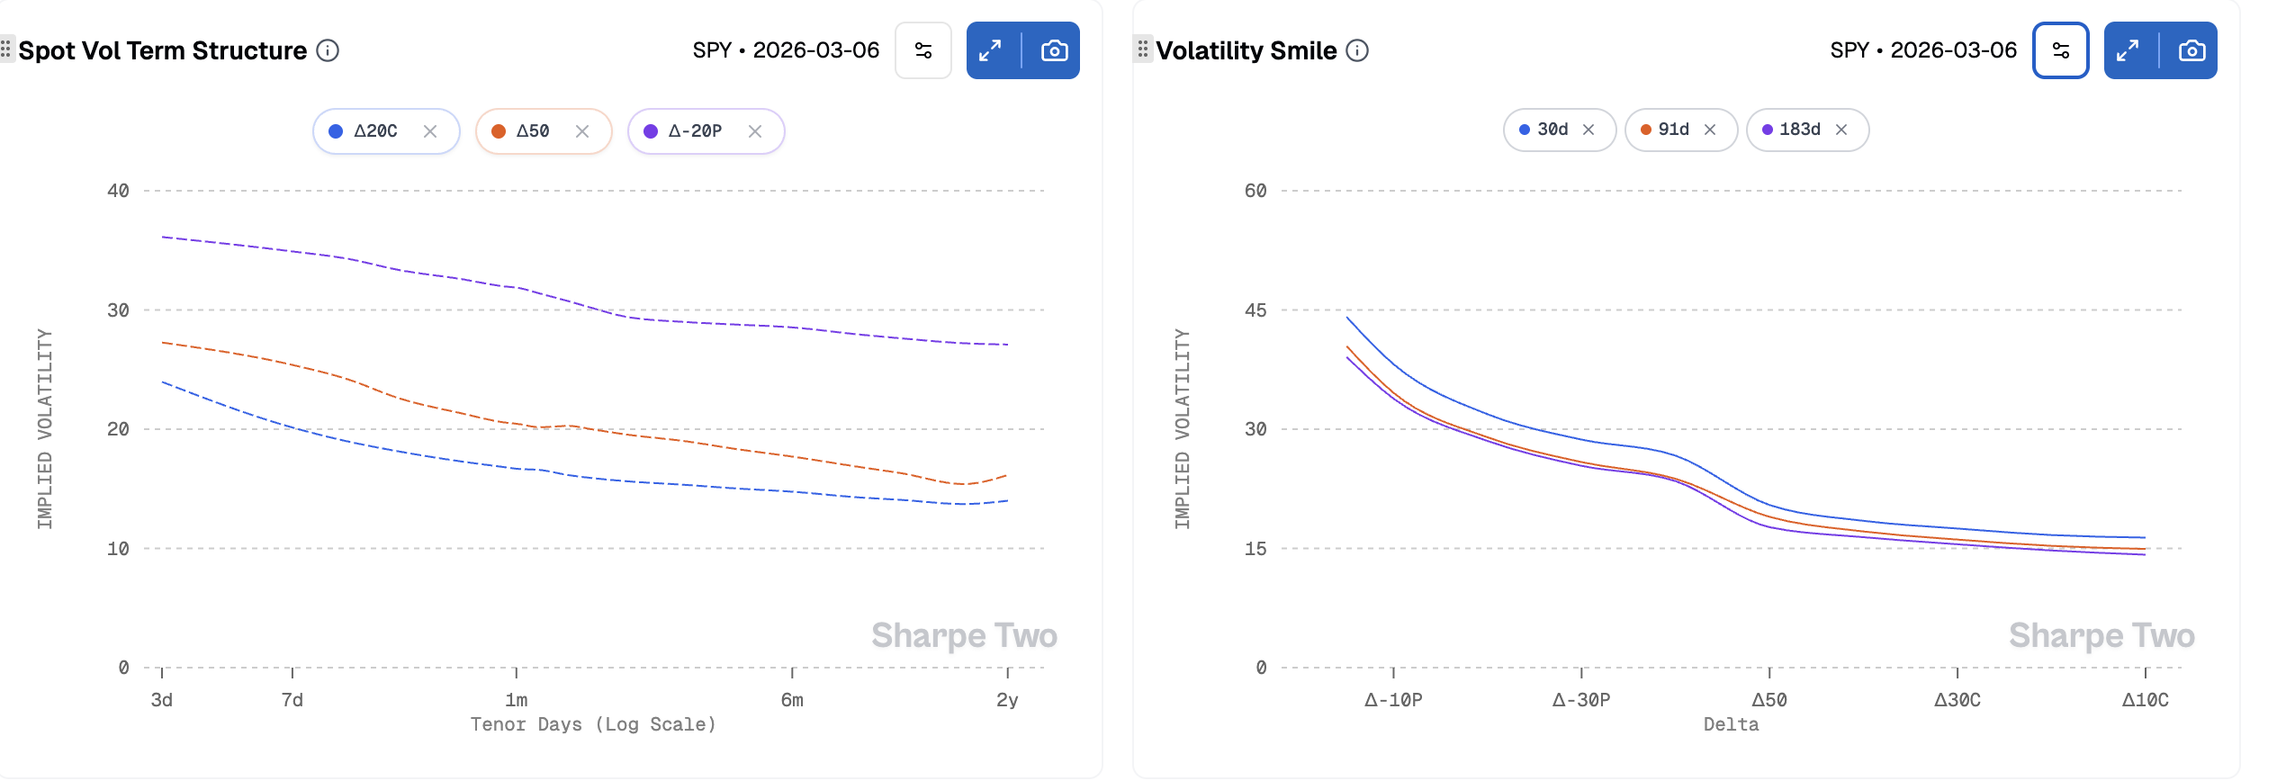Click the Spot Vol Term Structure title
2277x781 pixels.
[162, 50]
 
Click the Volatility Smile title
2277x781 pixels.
[1246, 50]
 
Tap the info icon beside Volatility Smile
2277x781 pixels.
[1357, 50]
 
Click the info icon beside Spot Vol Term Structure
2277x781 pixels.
[328, 50]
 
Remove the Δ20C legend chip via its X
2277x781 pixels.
[430, 131]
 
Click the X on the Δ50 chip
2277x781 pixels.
[582, 131]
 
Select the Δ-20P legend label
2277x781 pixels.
[695, 131]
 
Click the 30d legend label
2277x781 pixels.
[1552, 130]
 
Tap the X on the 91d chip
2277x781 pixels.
[1710, 130]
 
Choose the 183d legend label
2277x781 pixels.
[1800, 130]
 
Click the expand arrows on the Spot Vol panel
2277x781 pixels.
[990, 50]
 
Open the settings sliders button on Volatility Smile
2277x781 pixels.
[2060, 50]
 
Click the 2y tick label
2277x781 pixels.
[1007, 699]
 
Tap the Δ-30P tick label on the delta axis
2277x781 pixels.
[1581, 699]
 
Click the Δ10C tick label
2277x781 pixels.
[2145, 699]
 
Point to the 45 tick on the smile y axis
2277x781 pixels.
[1255, 310]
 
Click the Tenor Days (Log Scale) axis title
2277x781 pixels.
[593, 724]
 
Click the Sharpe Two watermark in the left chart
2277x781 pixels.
[964, 635]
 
